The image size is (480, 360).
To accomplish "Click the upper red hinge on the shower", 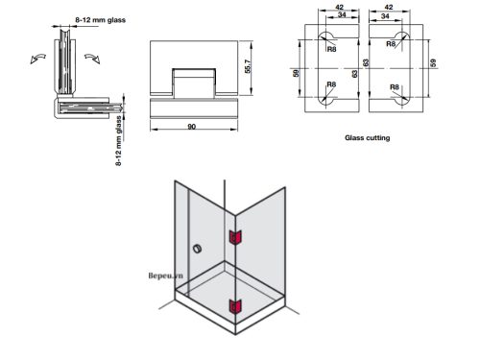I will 233,237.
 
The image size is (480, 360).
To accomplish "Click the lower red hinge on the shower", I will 233,307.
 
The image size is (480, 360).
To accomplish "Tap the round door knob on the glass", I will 197,251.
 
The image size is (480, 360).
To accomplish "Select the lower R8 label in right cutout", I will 394,85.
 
